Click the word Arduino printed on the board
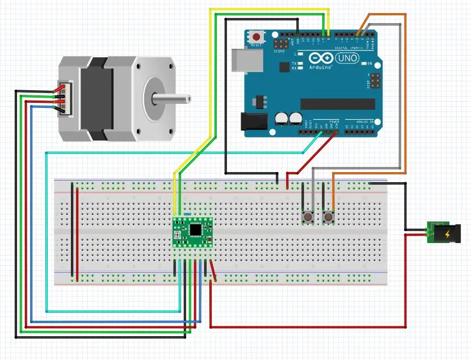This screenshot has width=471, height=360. pos(321,67)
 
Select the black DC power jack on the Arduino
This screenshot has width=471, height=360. pos(253,122)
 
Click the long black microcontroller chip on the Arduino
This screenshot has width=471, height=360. pos(338,103)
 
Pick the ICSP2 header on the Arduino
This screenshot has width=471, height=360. pos(280,43)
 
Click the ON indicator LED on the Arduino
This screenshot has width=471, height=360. pos(364,63)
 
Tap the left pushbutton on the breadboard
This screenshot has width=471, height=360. pos(309,217)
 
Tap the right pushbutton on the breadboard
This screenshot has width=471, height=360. pos(329,217)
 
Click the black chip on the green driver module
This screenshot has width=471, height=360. pos(196,229)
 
